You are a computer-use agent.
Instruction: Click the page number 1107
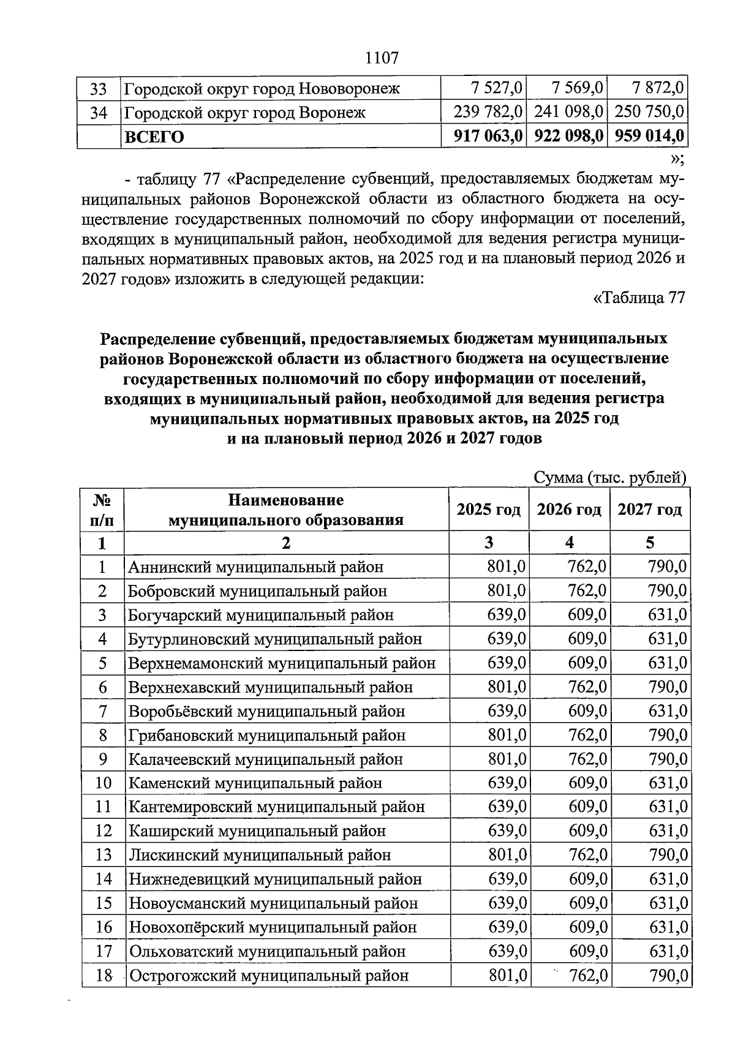point(382,58)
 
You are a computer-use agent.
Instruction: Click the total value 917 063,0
point(488,136)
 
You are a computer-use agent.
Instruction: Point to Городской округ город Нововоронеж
point(262,89)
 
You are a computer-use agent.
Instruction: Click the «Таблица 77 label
point(639,298)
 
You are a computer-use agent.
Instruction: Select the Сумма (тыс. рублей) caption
point(610,478)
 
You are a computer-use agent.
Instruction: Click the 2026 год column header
point(569,510)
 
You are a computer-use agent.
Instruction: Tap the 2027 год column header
point(649,510)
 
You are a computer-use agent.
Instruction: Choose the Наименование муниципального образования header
point(286,510)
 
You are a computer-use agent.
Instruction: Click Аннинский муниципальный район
point(255,567)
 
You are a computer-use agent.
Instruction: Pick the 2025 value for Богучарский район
point(507,615)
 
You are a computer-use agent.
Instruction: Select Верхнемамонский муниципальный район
point(282,663)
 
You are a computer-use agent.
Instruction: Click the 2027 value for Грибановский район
point(668,735)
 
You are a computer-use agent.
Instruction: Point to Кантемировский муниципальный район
point(276,807)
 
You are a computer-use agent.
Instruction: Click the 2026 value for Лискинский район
point(588,855)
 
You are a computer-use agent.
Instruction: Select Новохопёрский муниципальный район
point(273,927)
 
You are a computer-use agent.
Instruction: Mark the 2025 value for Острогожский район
point(507,975)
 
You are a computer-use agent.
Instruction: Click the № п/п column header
point(102,510)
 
